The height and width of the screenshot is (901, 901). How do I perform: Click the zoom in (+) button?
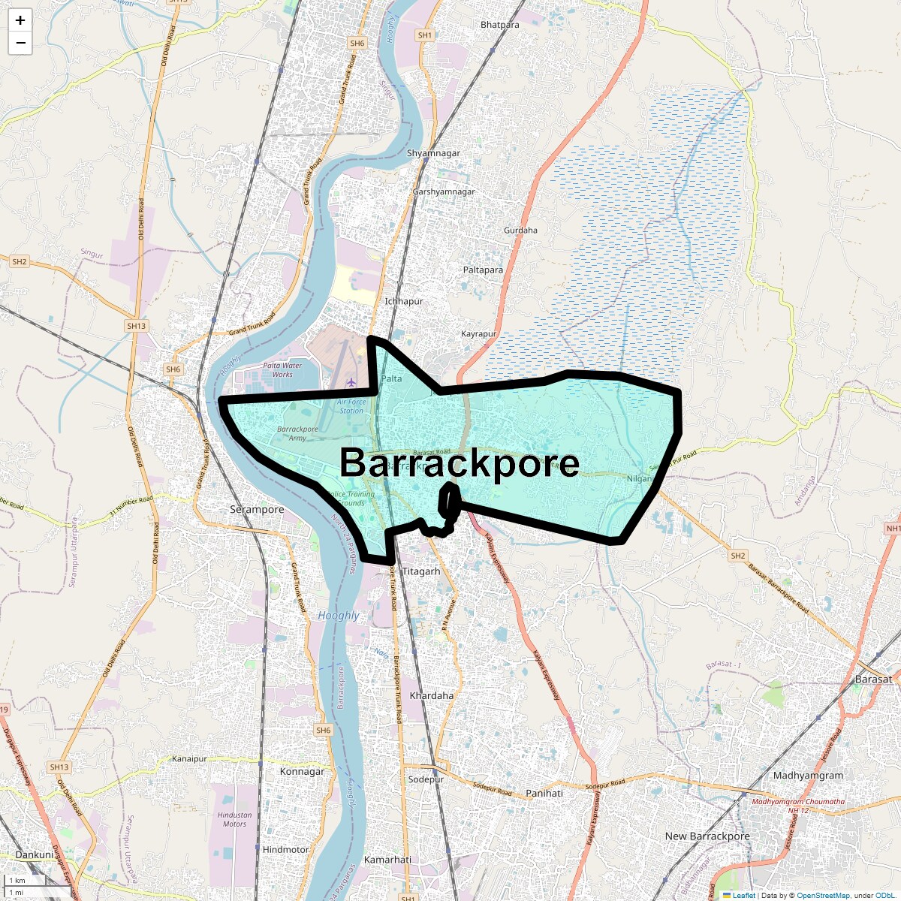pos(20,20)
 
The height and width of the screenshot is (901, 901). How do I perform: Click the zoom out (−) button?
pos(20,43)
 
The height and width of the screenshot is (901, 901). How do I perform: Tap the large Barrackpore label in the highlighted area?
pos(460,463)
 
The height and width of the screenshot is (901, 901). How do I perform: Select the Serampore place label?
pos(257,510)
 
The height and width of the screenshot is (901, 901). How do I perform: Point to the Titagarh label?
pos(421,571)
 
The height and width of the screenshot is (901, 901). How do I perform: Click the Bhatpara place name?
pos(499,25)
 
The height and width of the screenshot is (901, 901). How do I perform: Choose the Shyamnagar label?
pos(433,153)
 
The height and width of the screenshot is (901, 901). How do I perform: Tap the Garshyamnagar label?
pos(444,192)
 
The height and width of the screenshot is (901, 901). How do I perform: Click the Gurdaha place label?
pos(520,231)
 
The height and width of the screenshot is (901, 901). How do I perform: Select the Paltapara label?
pos(483,270)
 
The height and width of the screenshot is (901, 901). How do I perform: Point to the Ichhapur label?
pos(404,301)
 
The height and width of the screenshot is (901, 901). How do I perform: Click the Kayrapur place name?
pos(478,334)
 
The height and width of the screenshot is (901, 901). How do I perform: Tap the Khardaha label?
pos(431,696)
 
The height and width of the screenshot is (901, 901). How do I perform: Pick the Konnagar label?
pos(302,772)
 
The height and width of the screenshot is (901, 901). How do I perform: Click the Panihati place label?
pos(544,793)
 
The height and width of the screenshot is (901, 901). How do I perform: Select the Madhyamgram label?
pos(808,776)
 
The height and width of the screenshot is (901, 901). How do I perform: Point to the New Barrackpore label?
pos(707,836)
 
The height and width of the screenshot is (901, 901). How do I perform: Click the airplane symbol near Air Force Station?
pos(351,383)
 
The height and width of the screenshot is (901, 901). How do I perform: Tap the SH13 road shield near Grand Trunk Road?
pos(136,326)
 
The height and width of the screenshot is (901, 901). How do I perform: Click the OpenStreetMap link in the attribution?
pos(823,895)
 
